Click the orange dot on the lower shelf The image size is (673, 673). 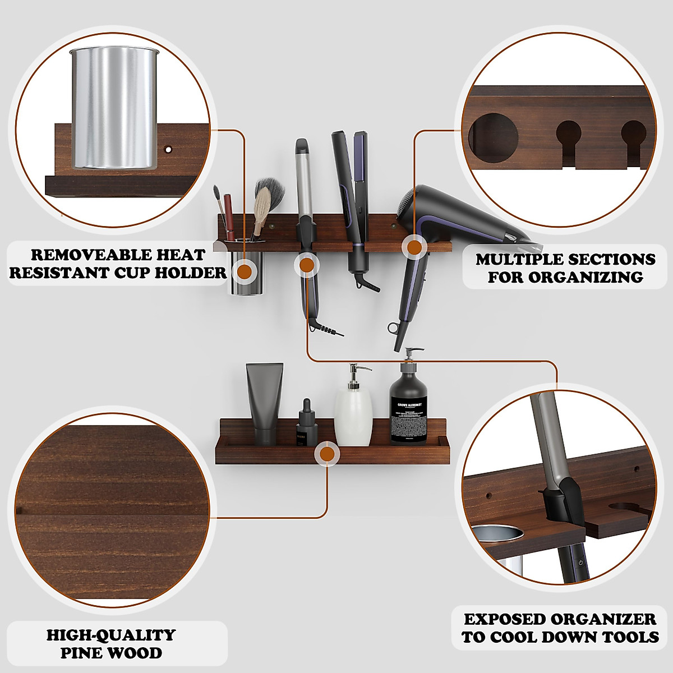[326, 453]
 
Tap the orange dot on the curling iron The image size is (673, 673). [306, 264]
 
